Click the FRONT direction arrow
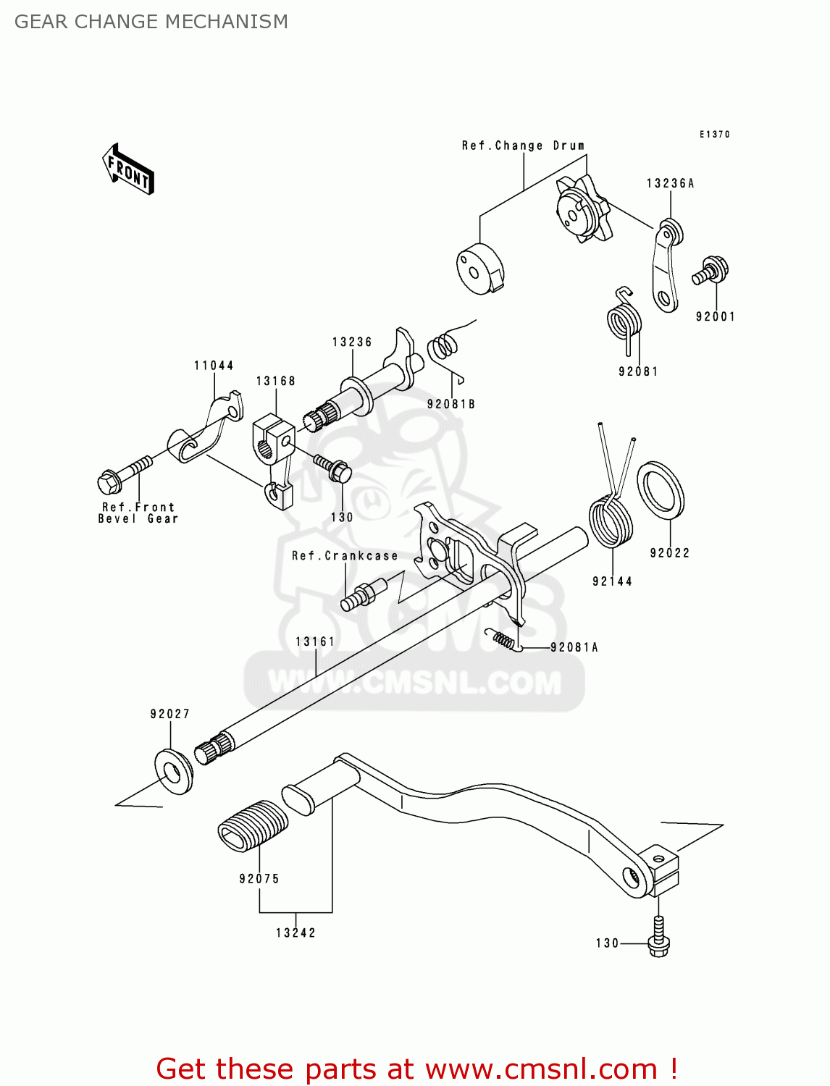pyautogui.click(x=127, y=169)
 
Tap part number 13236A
pyautogui.click(x=670, y=184)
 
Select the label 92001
pyautogui.click(x=715, y=316)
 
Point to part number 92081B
pyautogui.click(x=451, y=404)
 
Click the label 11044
pyautogui.click(x=214, y=366)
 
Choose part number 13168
pyautogui.click(x=276, y=381)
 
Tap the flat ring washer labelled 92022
pyautogui.click(x=661, y=491)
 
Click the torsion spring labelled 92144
pyautogui.click(x=611, y=523)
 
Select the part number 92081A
pyautogui.click(x=574, y=647)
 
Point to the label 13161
pyautogui.click(x=315, y=641)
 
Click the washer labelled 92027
pyautogui.click(x=174, y=772)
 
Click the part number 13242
pyautogui.click(x=295, y=933)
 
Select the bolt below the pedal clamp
pyautogui.click(x=658, y=937)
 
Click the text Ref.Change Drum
pyautogui.click(x=523, y=146)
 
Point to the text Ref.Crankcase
pyautogui.click(x=345, y=556)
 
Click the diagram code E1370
pyautogui.click(x=715, y=135)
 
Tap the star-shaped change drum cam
pyautogui.click(x=582, y=209)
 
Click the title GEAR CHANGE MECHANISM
pyautogui.click(x=151, y=22)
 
